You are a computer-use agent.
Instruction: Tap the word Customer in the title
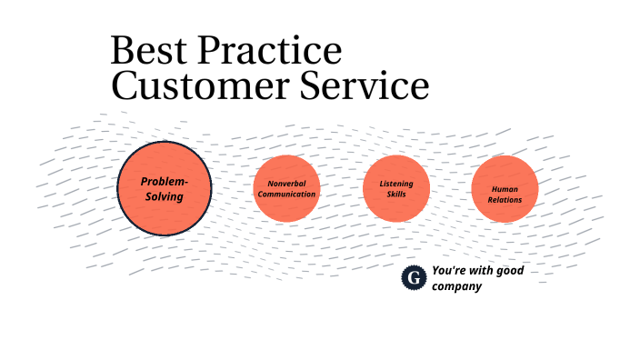[x=194, y=86]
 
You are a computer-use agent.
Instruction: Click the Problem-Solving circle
[x=165, y=188]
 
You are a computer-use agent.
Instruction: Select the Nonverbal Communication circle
[x=286, y=188]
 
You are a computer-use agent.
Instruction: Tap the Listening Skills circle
[x=395, y=188]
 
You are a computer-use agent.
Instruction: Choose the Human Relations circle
[x=505, y=188]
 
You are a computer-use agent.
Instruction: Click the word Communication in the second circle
[x=286, y=195]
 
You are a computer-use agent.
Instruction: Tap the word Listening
[x=395, y=183]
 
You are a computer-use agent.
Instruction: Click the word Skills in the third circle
[x=395, y=195]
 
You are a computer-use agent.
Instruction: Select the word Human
[x=505, y=188]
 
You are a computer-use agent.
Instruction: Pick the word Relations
[x=505, y=199]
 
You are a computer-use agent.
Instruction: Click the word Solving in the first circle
[x=165, y=196]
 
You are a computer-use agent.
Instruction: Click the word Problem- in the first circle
[x=165, y=181]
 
